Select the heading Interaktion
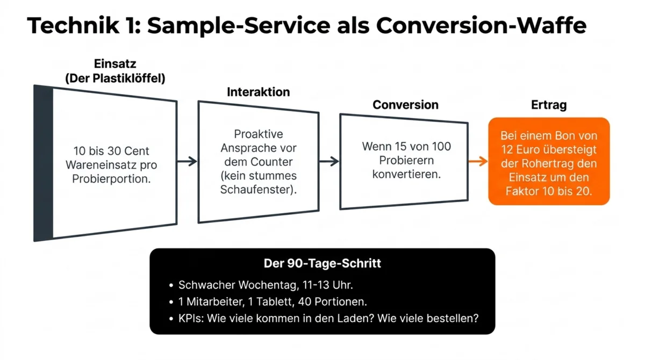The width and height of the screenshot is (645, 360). coord(258,92)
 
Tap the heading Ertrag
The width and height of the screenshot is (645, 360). coord(548,105)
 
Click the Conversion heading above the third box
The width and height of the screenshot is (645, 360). coord(405,105)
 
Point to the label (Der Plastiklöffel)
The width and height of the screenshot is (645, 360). coord(115,78)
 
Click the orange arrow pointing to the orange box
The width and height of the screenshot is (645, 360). coord(477,161)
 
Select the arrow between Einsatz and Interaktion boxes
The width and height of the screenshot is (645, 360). coord(187,161)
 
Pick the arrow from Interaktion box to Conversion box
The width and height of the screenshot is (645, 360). coord(329,161)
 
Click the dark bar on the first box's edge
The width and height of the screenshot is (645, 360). coord(43,163)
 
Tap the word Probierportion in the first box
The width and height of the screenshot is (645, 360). coord(111,179)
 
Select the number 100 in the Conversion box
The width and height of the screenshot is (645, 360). coord(440,146)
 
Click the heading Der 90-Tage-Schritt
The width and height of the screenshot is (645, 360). coord(322,263)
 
